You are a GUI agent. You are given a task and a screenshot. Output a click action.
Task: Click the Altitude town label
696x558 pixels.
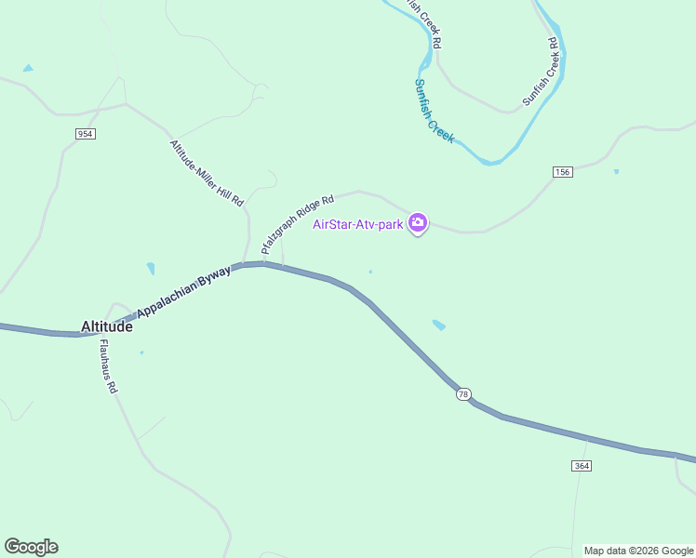tap(107, 327)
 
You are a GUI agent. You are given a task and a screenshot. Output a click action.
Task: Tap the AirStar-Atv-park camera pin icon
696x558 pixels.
tap(418, 222)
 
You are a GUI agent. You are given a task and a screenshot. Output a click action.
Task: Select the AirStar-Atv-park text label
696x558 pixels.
tap(359, 223)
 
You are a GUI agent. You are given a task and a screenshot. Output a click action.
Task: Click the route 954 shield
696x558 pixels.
tap(86, 134)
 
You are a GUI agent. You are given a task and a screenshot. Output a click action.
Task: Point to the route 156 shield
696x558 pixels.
tap(562, 172)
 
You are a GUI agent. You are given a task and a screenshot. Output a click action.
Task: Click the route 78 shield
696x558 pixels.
tap(463, 394)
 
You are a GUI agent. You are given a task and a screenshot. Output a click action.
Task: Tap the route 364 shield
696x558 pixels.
tap(582, 465)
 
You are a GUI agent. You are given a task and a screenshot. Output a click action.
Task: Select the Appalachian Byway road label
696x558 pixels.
tap(183, 291)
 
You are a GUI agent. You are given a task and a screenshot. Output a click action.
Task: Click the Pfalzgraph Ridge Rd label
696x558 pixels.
tap(297, 225)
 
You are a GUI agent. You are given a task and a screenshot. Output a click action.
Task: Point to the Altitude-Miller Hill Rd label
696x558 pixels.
tap(207, 173)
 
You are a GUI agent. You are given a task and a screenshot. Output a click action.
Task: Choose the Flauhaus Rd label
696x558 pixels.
tap(108, 367)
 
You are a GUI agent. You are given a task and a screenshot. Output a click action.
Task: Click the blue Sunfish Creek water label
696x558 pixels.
tap(434, 110)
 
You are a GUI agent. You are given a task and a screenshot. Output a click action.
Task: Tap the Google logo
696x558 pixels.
tap(31, 547)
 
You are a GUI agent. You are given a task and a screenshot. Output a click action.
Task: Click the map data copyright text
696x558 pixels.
tap(638, 551)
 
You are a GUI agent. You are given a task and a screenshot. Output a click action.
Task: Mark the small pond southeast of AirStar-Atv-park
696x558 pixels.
tap(438, 325)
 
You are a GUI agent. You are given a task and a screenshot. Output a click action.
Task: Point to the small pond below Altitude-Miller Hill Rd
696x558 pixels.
tap(151, 269)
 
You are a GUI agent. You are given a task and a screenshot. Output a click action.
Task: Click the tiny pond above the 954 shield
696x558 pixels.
tap(28, 69)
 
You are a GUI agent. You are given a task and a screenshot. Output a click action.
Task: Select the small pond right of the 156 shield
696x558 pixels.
tap(616, 171)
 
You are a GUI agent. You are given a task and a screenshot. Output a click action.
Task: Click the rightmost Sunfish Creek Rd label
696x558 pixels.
tap(540, 72)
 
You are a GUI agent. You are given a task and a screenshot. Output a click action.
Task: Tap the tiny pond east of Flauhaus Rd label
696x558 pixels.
tap(141, 352)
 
